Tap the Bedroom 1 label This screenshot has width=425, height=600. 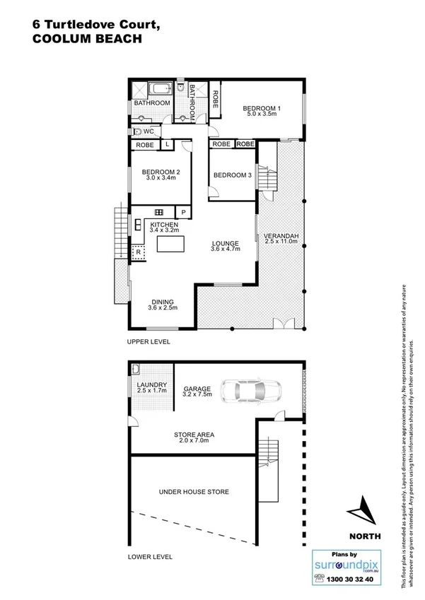262,108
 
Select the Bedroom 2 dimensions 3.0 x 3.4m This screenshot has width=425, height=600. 161,179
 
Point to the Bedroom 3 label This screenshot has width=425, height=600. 233,175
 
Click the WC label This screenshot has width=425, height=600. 149,131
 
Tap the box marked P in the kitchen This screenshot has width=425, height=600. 182,212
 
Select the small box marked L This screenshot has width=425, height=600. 168,145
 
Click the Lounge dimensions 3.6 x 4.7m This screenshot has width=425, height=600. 226,249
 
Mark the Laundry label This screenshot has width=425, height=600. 152,384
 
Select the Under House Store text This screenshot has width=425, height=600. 194,491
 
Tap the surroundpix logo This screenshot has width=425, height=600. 345,565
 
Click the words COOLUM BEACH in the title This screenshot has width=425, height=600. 87,40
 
